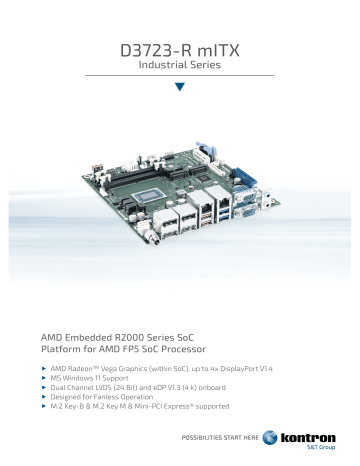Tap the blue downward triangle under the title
point(180,86)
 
